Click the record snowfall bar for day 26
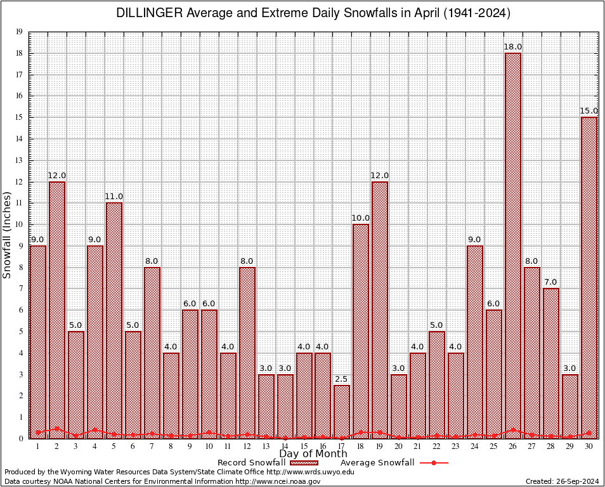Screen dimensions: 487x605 pos(512,241)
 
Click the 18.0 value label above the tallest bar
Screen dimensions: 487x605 pos(512,47)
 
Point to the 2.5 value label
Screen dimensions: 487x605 pos(341,379)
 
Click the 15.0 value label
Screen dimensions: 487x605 pos(589,111)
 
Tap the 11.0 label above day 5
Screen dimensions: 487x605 pos(114,197)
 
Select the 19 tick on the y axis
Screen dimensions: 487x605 pos(19,32)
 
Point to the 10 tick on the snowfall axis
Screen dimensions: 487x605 pos(19,224)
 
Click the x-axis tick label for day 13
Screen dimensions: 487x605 pos(266,446)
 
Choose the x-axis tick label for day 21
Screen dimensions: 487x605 pos(417,446)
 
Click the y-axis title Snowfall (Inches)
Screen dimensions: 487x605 pos(7,235)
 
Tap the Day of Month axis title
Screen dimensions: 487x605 pos(313,454)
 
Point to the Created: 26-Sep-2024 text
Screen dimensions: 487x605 pos(562,481)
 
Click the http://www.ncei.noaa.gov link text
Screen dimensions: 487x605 pos(278,481)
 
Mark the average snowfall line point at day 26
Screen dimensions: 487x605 pos(512,430)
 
